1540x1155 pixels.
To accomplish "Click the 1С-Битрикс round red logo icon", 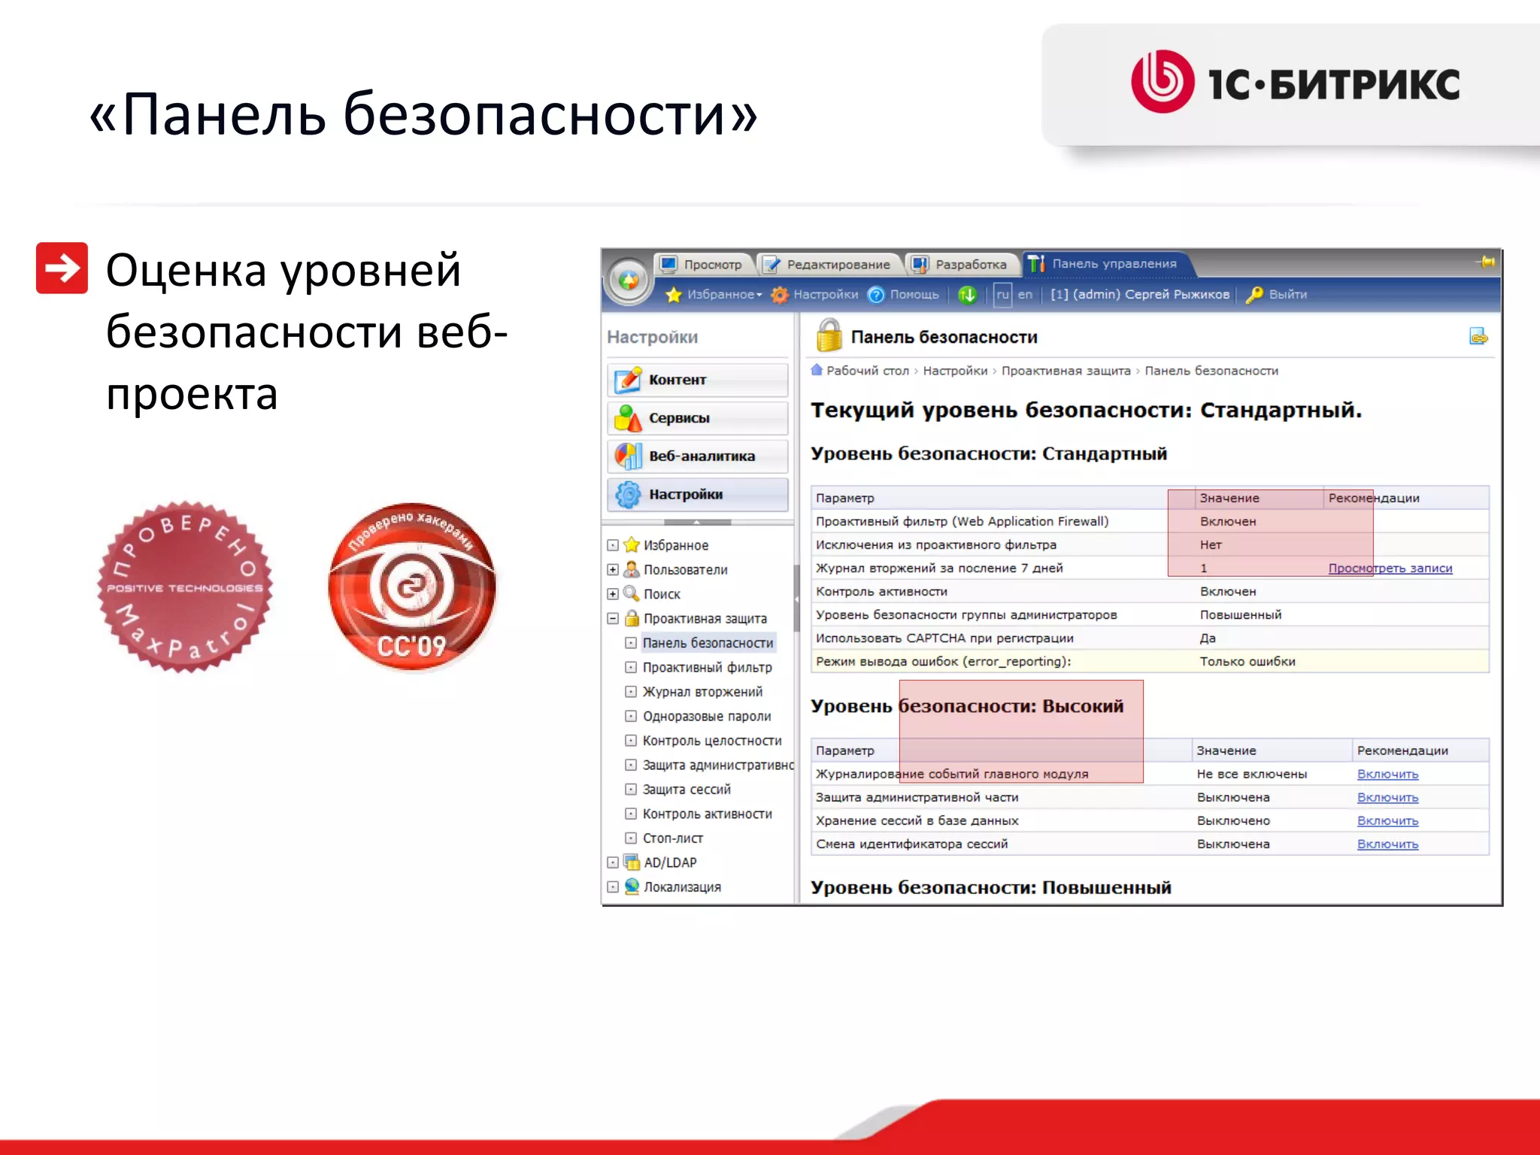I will [x=1162, y=81].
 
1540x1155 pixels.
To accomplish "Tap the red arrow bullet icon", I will [x=62, y=268].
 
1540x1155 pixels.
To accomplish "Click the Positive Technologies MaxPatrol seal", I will [x=185, y=587].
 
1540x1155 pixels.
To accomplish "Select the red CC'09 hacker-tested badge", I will [x=412, y=587].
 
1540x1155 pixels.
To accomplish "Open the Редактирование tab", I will [x=829, y=265].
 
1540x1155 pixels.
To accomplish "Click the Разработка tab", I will [x=962, y=265].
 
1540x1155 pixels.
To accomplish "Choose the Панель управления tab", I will [x=1105, y=264].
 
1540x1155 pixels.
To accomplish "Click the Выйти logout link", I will [x=1287, y=295].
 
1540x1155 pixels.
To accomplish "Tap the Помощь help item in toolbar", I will [x=913, y=295].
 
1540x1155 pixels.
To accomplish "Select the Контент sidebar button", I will [x=697, y=380].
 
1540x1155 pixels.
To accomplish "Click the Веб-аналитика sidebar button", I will [x=697, y=456].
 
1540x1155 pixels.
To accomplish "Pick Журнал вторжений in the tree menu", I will [x=702, y=692].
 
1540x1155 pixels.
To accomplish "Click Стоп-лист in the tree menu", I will [x=672, y=838].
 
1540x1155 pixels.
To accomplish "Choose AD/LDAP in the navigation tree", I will [x=669, y=862].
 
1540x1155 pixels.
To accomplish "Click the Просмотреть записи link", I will [x=1390, y=568].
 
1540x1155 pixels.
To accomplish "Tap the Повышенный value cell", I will [x=1240, y=615].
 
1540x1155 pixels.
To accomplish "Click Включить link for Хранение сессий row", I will [x=1387, y=821].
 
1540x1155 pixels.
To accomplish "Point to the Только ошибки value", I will [x=1247, y=662].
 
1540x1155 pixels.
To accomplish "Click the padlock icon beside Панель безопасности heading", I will [x=829, y=335].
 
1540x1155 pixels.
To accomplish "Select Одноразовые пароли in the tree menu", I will [x=706, y=717].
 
